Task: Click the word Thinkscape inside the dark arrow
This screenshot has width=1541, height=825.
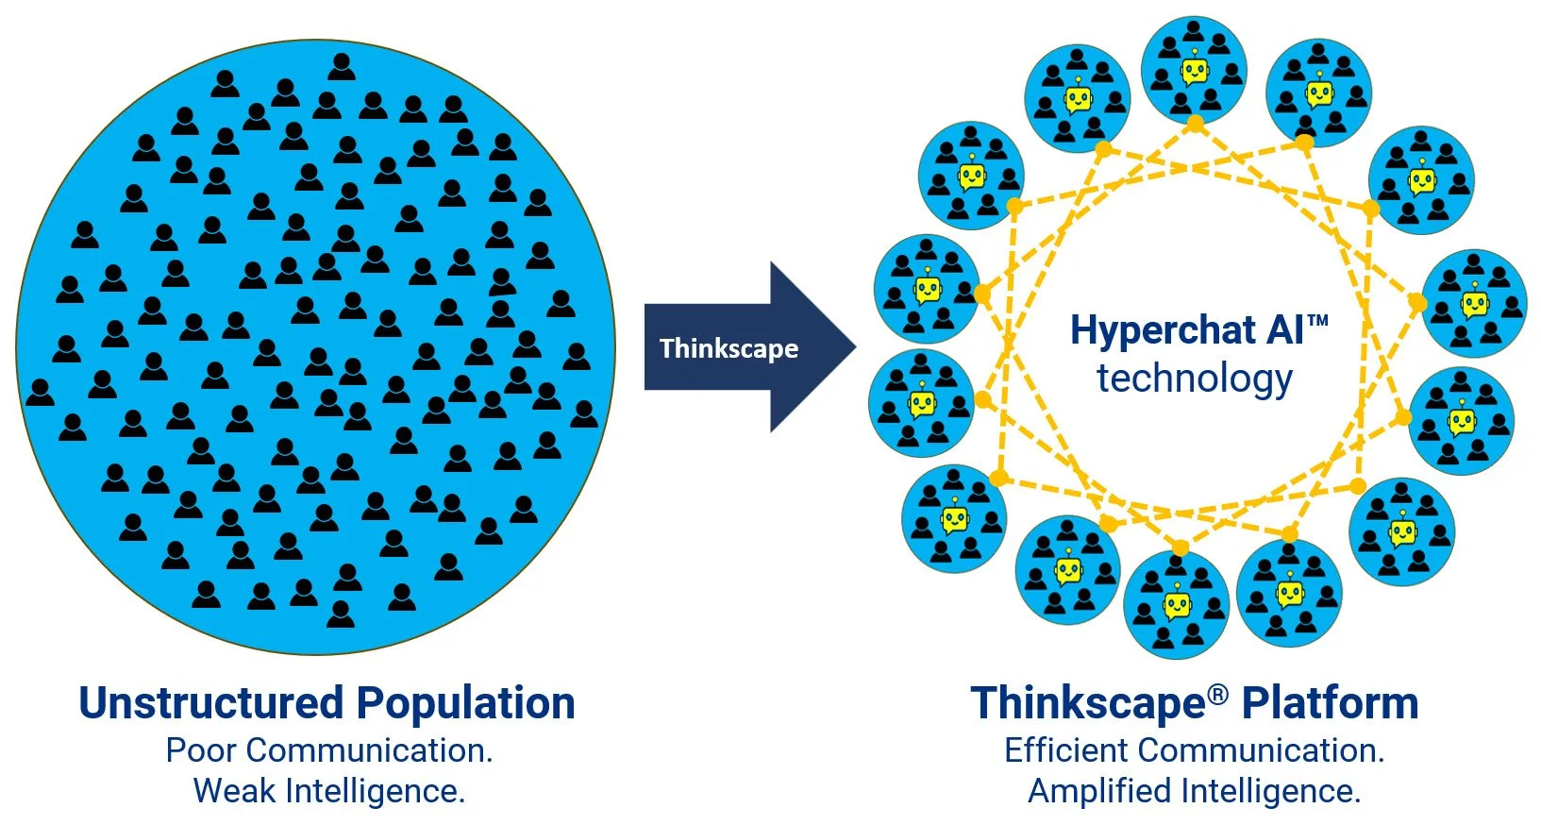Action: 729,349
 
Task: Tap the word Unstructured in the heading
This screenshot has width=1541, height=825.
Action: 210,703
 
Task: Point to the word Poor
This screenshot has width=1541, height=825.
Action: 201,750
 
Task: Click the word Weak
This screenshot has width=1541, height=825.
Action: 235,791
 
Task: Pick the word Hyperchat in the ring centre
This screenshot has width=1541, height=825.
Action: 1163,330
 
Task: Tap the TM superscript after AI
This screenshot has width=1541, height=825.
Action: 1318,321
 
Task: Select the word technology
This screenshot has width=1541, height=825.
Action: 1195,379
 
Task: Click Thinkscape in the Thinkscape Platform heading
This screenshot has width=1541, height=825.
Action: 1088,703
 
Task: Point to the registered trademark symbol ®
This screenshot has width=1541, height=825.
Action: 1218,695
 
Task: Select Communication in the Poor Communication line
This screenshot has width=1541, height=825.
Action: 369,750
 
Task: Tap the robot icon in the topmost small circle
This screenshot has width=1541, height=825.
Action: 1195,70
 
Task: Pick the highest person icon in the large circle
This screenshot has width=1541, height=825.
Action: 342,67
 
